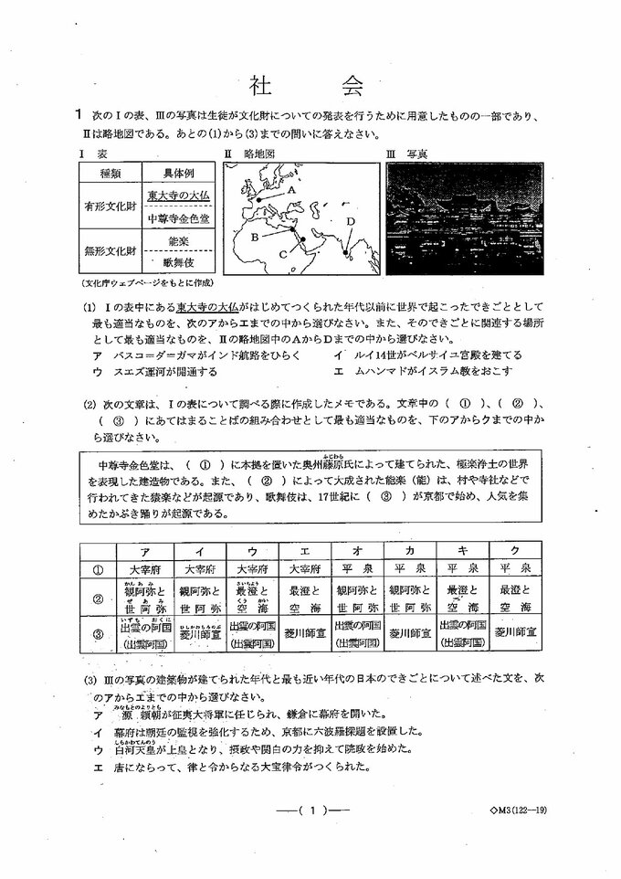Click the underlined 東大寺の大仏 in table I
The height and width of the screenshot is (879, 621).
pos(179,196)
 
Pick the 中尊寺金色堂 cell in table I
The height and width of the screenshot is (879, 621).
pos(179,219)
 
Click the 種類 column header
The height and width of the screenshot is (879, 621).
pos(111,174)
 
